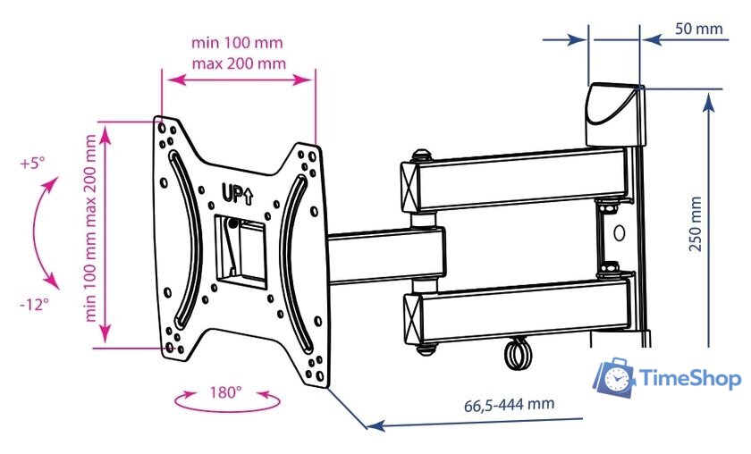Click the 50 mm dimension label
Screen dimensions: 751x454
tap(699, 29)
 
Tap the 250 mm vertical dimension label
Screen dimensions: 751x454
tap(695, 223)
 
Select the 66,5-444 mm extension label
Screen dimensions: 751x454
tap(509, 405)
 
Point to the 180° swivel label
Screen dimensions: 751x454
tap(225, 392)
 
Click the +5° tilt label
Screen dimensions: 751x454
tap(32, 164)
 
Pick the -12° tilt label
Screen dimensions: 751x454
tap(34, 304)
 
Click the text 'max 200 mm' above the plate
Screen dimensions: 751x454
tap(239, 63)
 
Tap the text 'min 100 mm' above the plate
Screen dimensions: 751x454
tap(237, 43)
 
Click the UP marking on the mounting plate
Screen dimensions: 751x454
tap(237, 193)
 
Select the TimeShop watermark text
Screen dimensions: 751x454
tap(689, 379)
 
